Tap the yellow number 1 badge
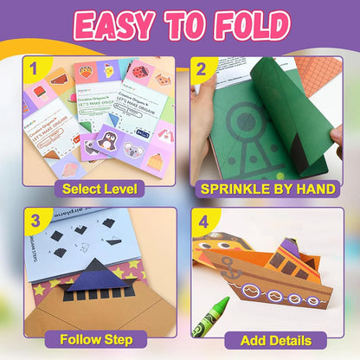click(35, 67)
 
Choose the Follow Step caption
click(97, 339)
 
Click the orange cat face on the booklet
click(161, 80)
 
